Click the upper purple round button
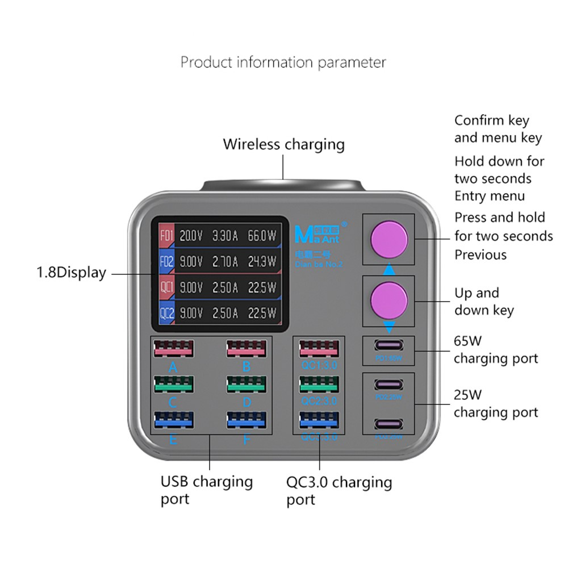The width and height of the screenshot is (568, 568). point(389,239)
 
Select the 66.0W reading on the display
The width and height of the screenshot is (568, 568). point(262,235)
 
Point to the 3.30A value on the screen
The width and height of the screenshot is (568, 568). point(225,235)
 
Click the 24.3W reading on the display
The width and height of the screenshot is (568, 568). point(262,262)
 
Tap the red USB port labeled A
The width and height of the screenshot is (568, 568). point(173,349)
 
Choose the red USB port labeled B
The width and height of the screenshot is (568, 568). point(246,349)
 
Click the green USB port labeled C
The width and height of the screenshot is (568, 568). point(173,384)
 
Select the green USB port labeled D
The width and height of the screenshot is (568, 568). point(246,384)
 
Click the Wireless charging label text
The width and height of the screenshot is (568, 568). point(283,144)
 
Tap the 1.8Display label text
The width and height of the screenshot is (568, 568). point(72,273)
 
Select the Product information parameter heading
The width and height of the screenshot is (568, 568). point(283,62)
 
